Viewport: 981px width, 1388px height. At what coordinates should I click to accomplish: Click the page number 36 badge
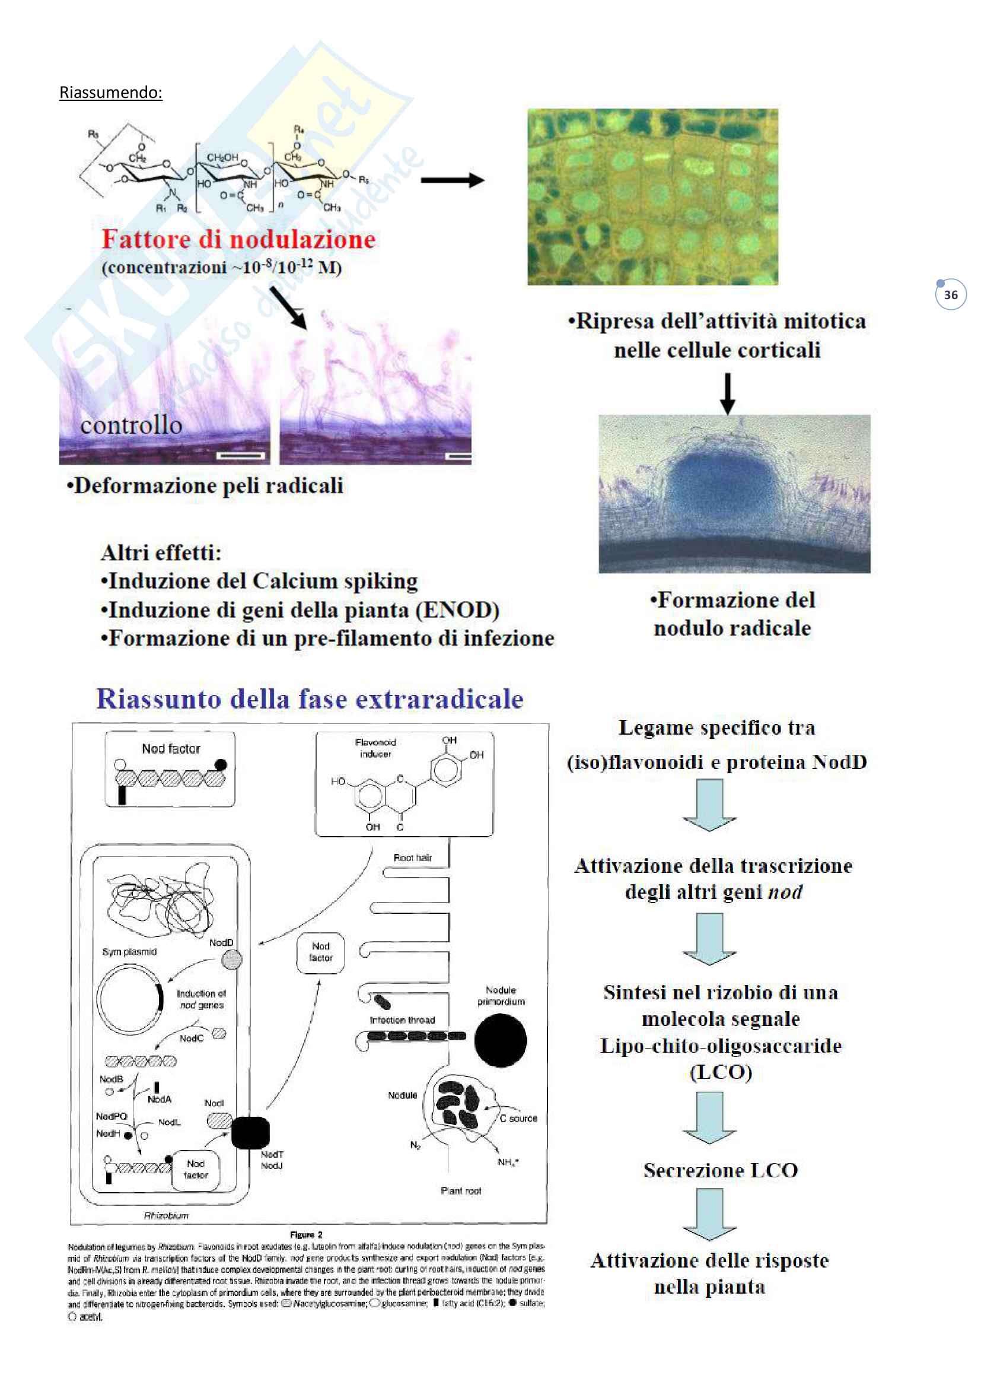coord(950,295)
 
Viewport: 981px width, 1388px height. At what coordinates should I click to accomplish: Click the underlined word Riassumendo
coord(110,93)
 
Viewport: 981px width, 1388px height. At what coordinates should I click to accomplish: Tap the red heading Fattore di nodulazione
coord(238,239)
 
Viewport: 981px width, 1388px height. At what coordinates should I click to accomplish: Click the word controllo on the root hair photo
coord(131,425)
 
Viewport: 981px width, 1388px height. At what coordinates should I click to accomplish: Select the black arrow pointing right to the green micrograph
coord(452,180)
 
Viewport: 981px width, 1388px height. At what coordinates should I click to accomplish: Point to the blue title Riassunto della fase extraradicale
coord(309,699)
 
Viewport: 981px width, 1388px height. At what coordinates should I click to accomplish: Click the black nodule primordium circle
coord(500,1040)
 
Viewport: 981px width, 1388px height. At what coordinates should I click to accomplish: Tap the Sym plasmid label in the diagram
coord(129,951)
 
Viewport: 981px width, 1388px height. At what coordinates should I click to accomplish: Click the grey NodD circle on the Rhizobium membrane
coord(232,960)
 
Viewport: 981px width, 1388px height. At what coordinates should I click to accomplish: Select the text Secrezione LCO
coord(720,1170)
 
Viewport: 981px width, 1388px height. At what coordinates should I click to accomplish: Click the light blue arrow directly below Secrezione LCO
coord(710,1214)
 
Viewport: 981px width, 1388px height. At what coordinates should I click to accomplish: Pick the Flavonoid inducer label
coord(375,748)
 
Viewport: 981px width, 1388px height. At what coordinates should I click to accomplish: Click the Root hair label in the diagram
coord(413,858)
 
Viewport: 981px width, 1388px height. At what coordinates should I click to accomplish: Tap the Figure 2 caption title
coord(306,1234)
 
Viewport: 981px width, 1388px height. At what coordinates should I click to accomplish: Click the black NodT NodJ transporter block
coord(250,1133)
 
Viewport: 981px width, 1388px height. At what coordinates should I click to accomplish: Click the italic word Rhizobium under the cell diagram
coord(166,1216)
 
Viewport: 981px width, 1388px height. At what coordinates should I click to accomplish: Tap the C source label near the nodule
coord(518,1119)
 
